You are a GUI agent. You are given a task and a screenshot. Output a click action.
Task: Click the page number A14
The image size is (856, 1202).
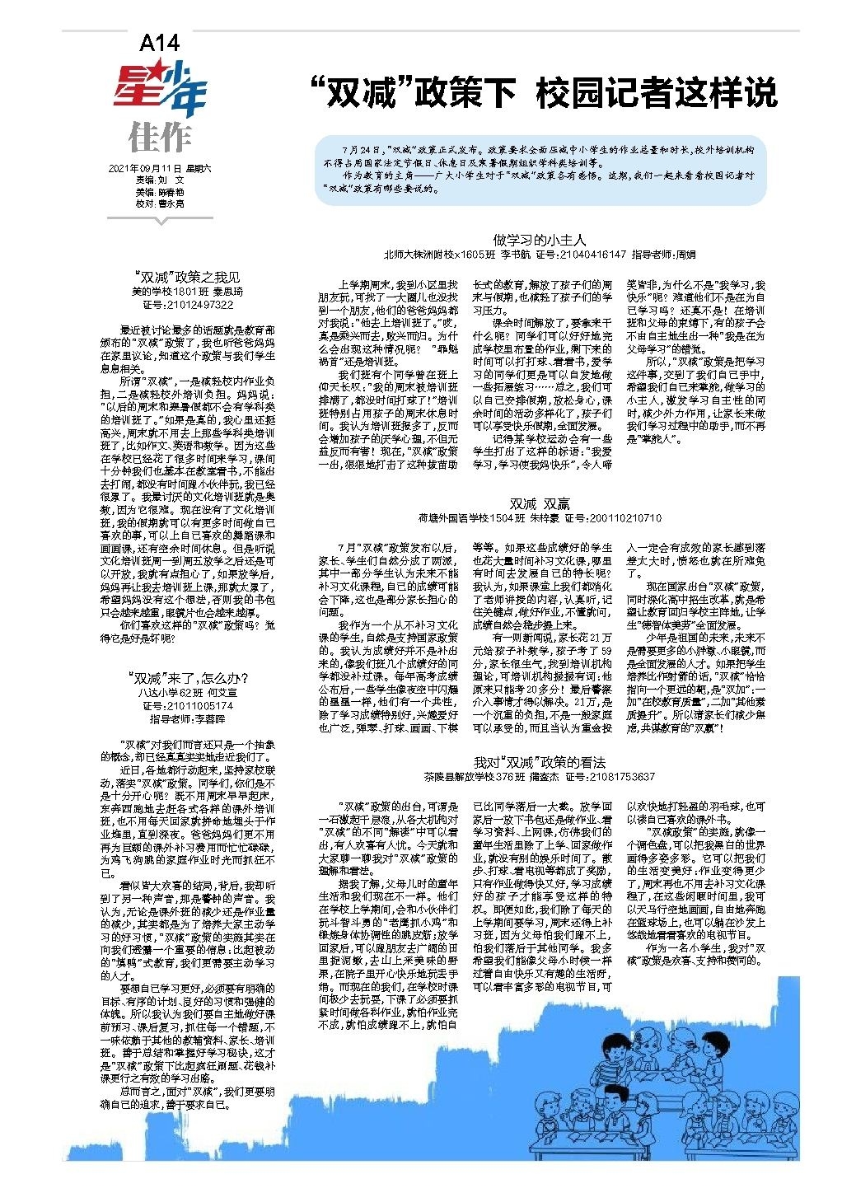coord(159,44)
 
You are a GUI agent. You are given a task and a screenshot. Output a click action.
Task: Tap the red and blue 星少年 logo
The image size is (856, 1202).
coord(160,90)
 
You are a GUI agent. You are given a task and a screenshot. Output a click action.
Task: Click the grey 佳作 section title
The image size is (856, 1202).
coord(160,138)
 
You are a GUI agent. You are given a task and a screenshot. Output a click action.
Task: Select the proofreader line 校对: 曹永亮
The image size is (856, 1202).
coord(160,203)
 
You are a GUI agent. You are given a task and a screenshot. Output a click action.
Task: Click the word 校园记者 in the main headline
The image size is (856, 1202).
coord(604,92)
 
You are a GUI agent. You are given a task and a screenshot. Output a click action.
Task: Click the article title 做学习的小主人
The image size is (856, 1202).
coord(540,240)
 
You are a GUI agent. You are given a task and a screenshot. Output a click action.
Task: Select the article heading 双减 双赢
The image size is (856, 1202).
coord(540,504)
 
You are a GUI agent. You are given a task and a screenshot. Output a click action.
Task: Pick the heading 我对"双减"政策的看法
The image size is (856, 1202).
coord(540,762)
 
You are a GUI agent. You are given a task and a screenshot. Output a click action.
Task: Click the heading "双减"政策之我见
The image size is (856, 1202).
coord(188,277)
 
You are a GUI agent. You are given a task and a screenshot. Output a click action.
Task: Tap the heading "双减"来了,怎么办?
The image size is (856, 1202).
coord(188,678)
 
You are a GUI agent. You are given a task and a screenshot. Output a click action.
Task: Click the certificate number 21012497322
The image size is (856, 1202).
coord(199,305)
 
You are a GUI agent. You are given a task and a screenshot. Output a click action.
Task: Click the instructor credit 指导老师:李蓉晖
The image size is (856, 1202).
coord(188,719)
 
